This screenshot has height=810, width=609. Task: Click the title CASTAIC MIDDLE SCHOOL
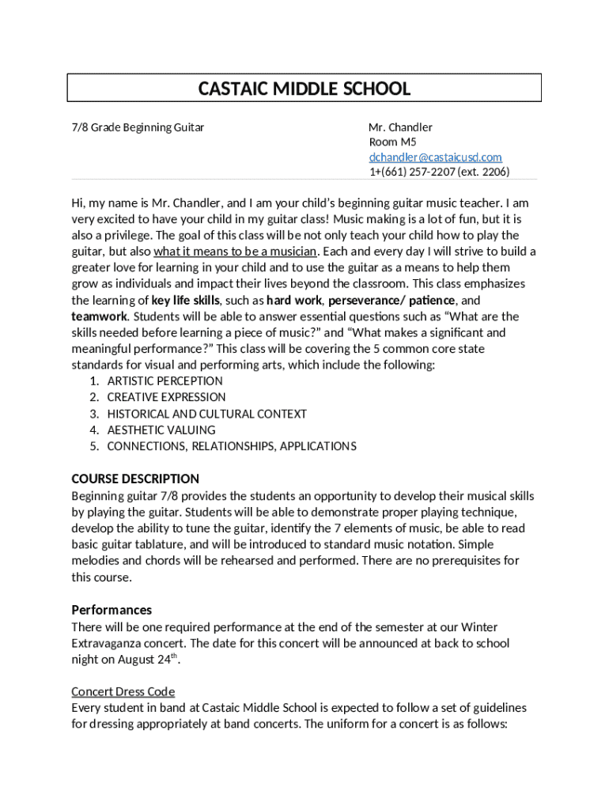point(304,89)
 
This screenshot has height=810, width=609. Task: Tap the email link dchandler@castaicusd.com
point(435,157)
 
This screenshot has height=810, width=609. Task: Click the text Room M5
point(392,142)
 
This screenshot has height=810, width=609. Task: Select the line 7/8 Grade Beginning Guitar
point(138,127)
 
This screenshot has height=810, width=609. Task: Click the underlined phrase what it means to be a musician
point(235,252)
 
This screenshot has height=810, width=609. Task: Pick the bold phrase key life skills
point(186,301)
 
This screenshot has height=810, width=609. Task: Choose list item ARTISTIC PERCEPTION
point(165,381)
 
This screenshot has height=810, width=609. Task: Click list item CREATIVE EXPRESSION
point(166,397)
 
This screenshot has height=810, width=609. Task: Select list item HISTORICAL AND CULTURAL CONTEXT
point(206,414)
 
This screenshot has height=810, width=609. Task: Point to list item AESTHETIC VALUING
point(161,430)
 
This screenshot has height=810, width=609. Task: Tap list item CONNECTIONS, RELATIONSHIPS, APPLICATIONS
point(232,446)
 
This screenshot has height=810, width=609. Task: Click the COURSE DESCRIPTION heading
point(135,479)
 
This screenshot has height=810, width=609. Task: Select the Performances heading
point(112,610)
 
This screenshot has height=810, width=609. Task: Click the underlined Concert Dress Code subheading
point(123,691)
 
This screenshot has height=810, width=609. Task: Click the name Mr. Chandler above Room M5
point(400,127)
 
